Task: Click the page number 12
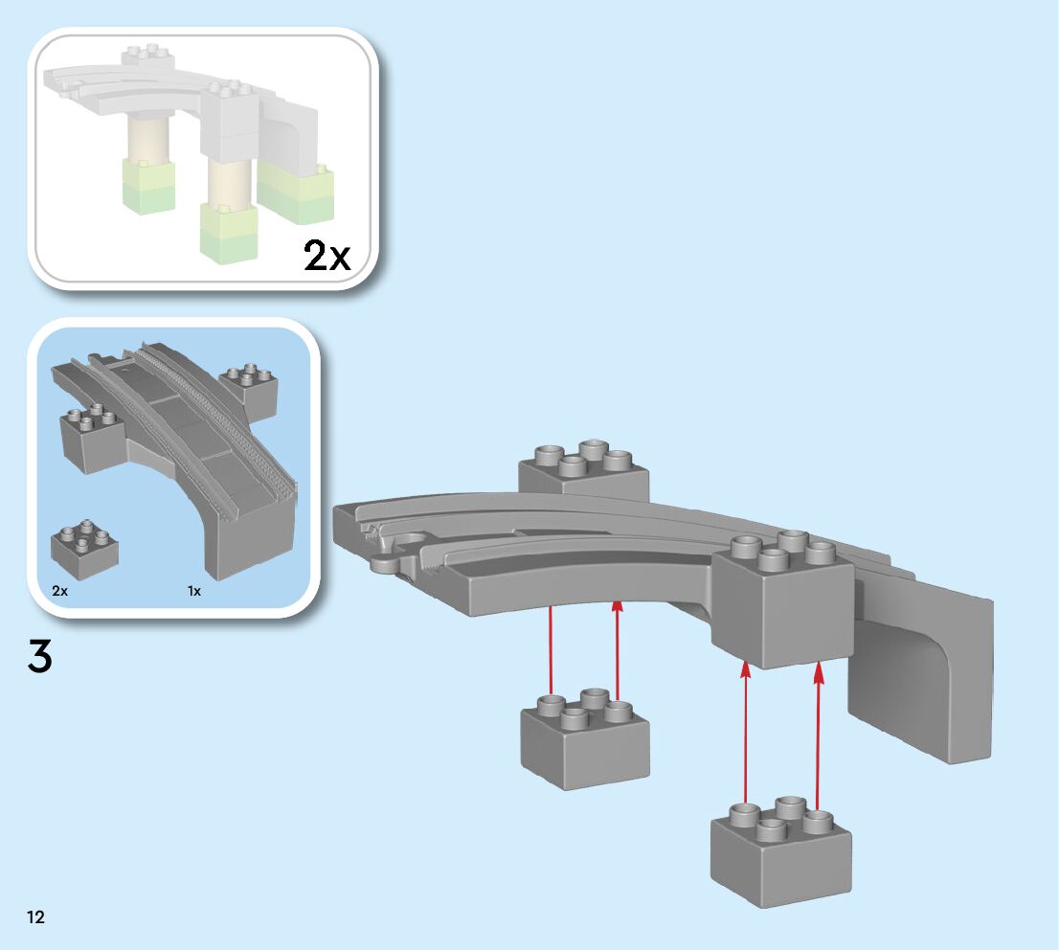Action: [35, 916]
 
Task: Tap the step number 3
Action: [40, 657]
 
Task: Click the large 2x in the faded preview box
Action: [327, 256]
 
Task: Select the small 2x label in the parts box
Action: [60, 591]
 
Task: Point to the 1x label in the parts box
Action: [194, 591]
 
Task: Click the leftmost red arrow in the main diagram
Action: [551, 651]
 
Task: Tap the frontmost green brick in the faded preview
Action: [228, 235]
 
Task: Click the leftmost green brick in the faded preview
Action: [148, 187]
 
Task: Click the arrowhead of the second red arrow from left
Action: [618, 606]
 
